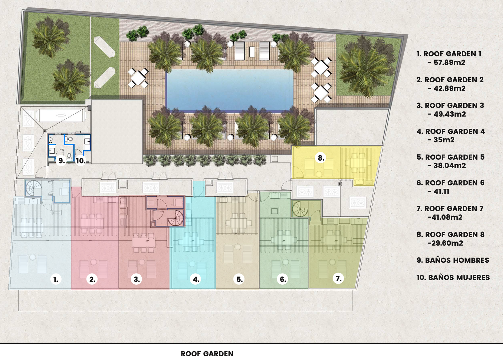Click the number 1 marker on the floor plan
click(56, 279)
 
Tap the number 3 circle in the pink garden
click(136, 279)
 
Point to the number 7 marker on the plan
click(338, 279)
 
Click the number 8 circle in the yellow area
click(321, 158)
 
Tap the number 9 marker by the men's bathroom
click(61, 160)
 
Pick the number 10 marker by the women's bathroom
click(81, 160)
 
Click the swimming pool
click(229, 90)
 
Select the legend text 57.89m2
click(449, 62)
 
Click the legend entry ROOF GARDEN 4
click(451, 131)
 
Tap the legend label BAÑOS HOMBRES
click(453, 260)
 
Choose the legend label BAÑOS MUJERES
click(453, 277)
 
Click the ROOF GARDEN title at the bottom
click(207, 354)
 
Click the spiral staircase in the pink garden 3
click(176, 218)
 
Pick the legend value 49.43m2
click(450, 114)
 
